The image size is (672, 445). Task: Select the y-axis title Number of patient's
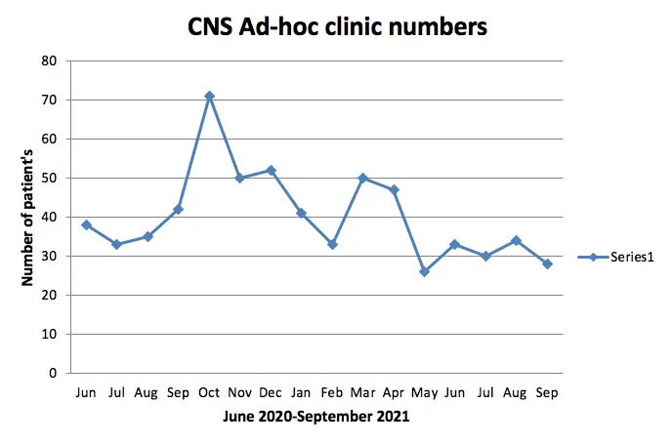28,217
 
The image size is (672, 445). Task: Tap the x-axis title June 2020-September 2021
316,416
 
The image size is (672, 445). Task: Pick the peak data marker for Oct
209,97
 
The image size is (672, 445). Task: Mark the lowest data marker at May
424,271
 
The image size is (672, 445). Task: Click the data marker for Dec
271,171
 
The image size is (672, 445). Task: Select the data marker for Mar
362,179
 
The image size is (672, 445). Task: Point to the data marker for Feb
332,244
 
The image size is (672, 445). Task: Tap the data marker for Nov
239,179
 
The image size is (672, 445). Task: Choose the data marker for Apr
394,190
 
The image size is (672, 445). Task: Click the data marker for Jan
301,213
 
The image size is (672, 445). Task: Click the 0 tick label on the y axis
55,373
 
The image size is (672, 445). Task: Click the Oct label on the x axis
209,391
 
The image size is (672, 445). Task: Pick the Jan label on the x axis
301,391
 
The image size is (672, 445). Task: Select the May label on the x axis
424,391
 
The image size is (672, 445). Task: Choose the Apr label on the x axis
394,391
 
